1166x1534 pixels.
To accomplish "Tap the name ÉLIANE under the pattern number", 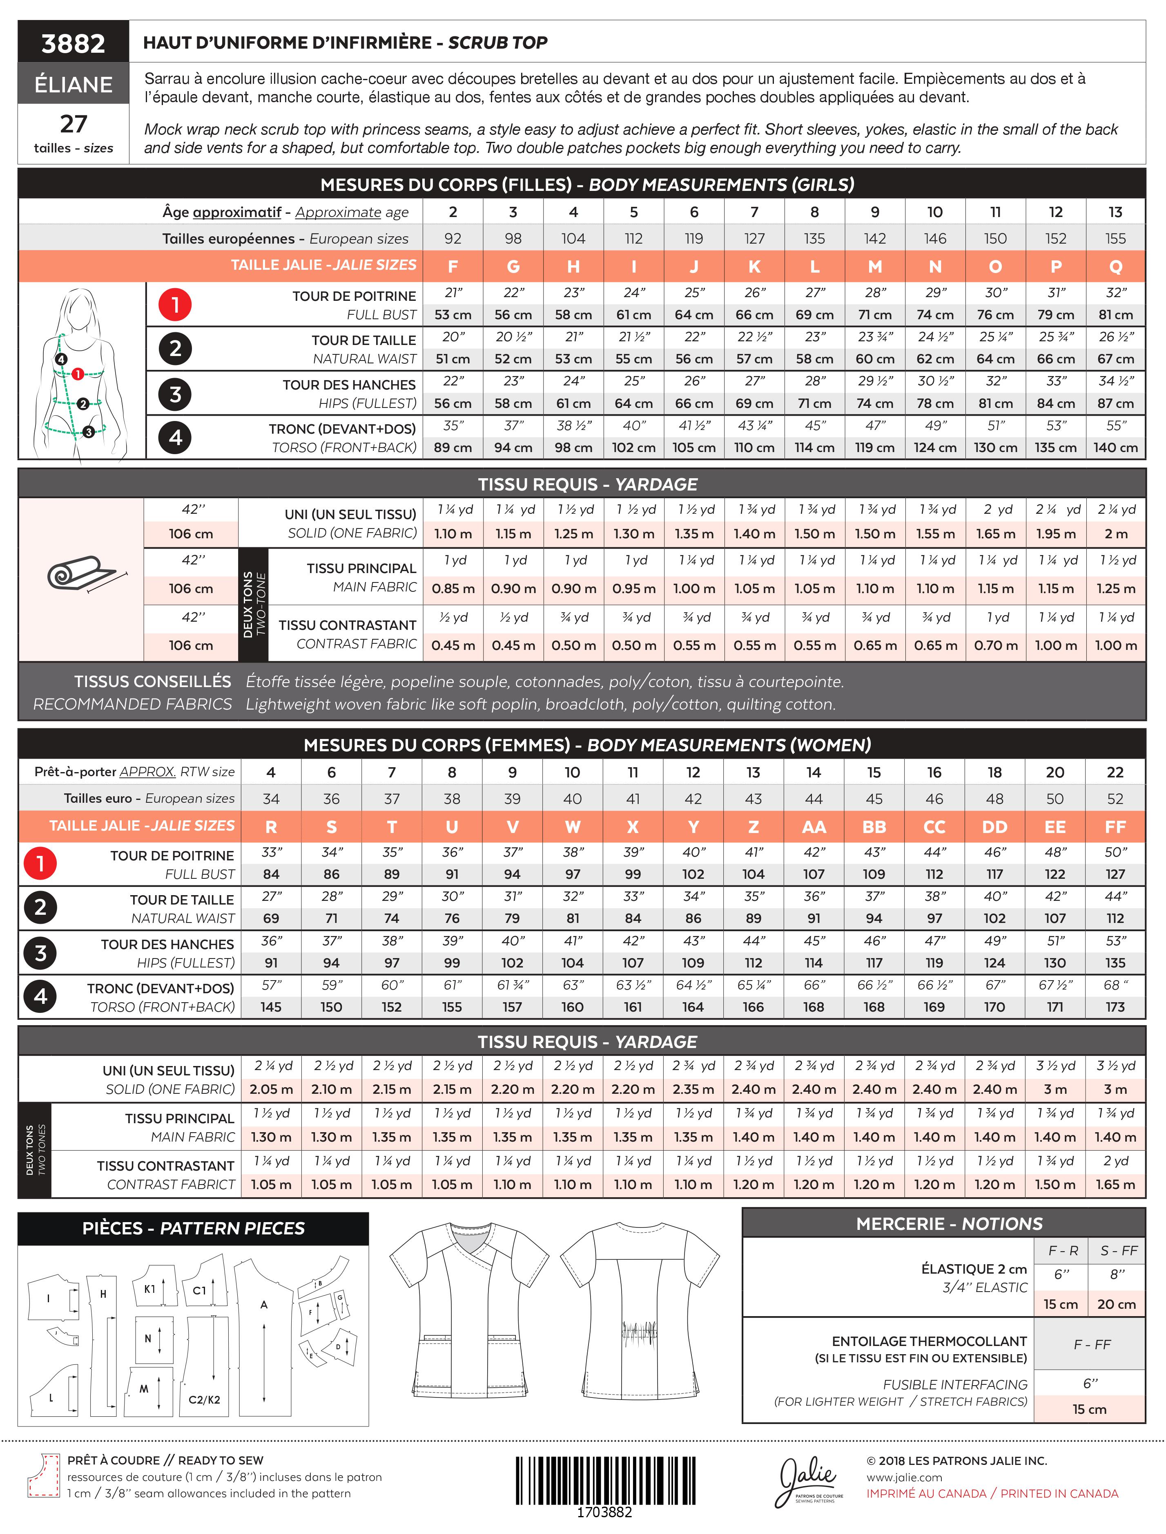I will tap(74, 85).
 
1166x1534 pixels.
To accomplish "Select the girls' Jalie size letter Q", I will tap(1115, 266).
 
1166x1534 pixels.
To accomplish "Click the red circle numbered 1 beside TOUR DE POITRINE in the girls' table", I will tap(176, 305).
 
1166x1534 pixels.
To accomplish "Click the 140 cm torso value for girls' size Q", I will tap(1115, 448).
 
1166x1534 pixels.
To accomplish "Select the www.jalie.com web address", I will tap(904, 1478).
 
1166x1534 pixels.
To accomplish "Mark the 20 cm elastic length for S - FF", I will tap(1116, 1305).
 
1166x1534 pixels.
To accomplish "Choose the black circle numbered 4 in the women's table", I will tap(40, 997).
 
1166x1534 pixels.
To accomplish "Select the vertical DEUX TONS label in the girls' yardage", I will tap(253, 604).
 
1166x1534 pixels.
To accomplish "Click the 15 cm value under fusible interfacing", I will tap(1089, 1409).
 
